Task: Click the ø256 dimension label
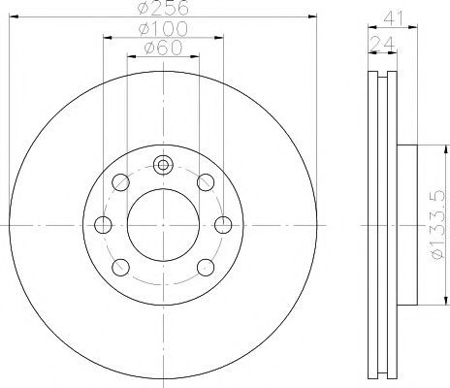163,8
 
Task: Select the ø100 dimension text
163,29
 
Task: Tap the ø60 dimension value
163,48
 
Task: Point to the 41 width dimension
394,18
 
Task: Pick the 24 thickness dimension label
382,44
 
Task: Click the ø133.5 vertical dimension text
438,225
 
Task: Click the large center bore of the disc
163,225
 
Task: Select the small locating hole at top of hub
163,165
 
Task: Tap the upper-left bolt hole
120,182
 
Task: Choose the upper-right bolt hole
206,182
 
